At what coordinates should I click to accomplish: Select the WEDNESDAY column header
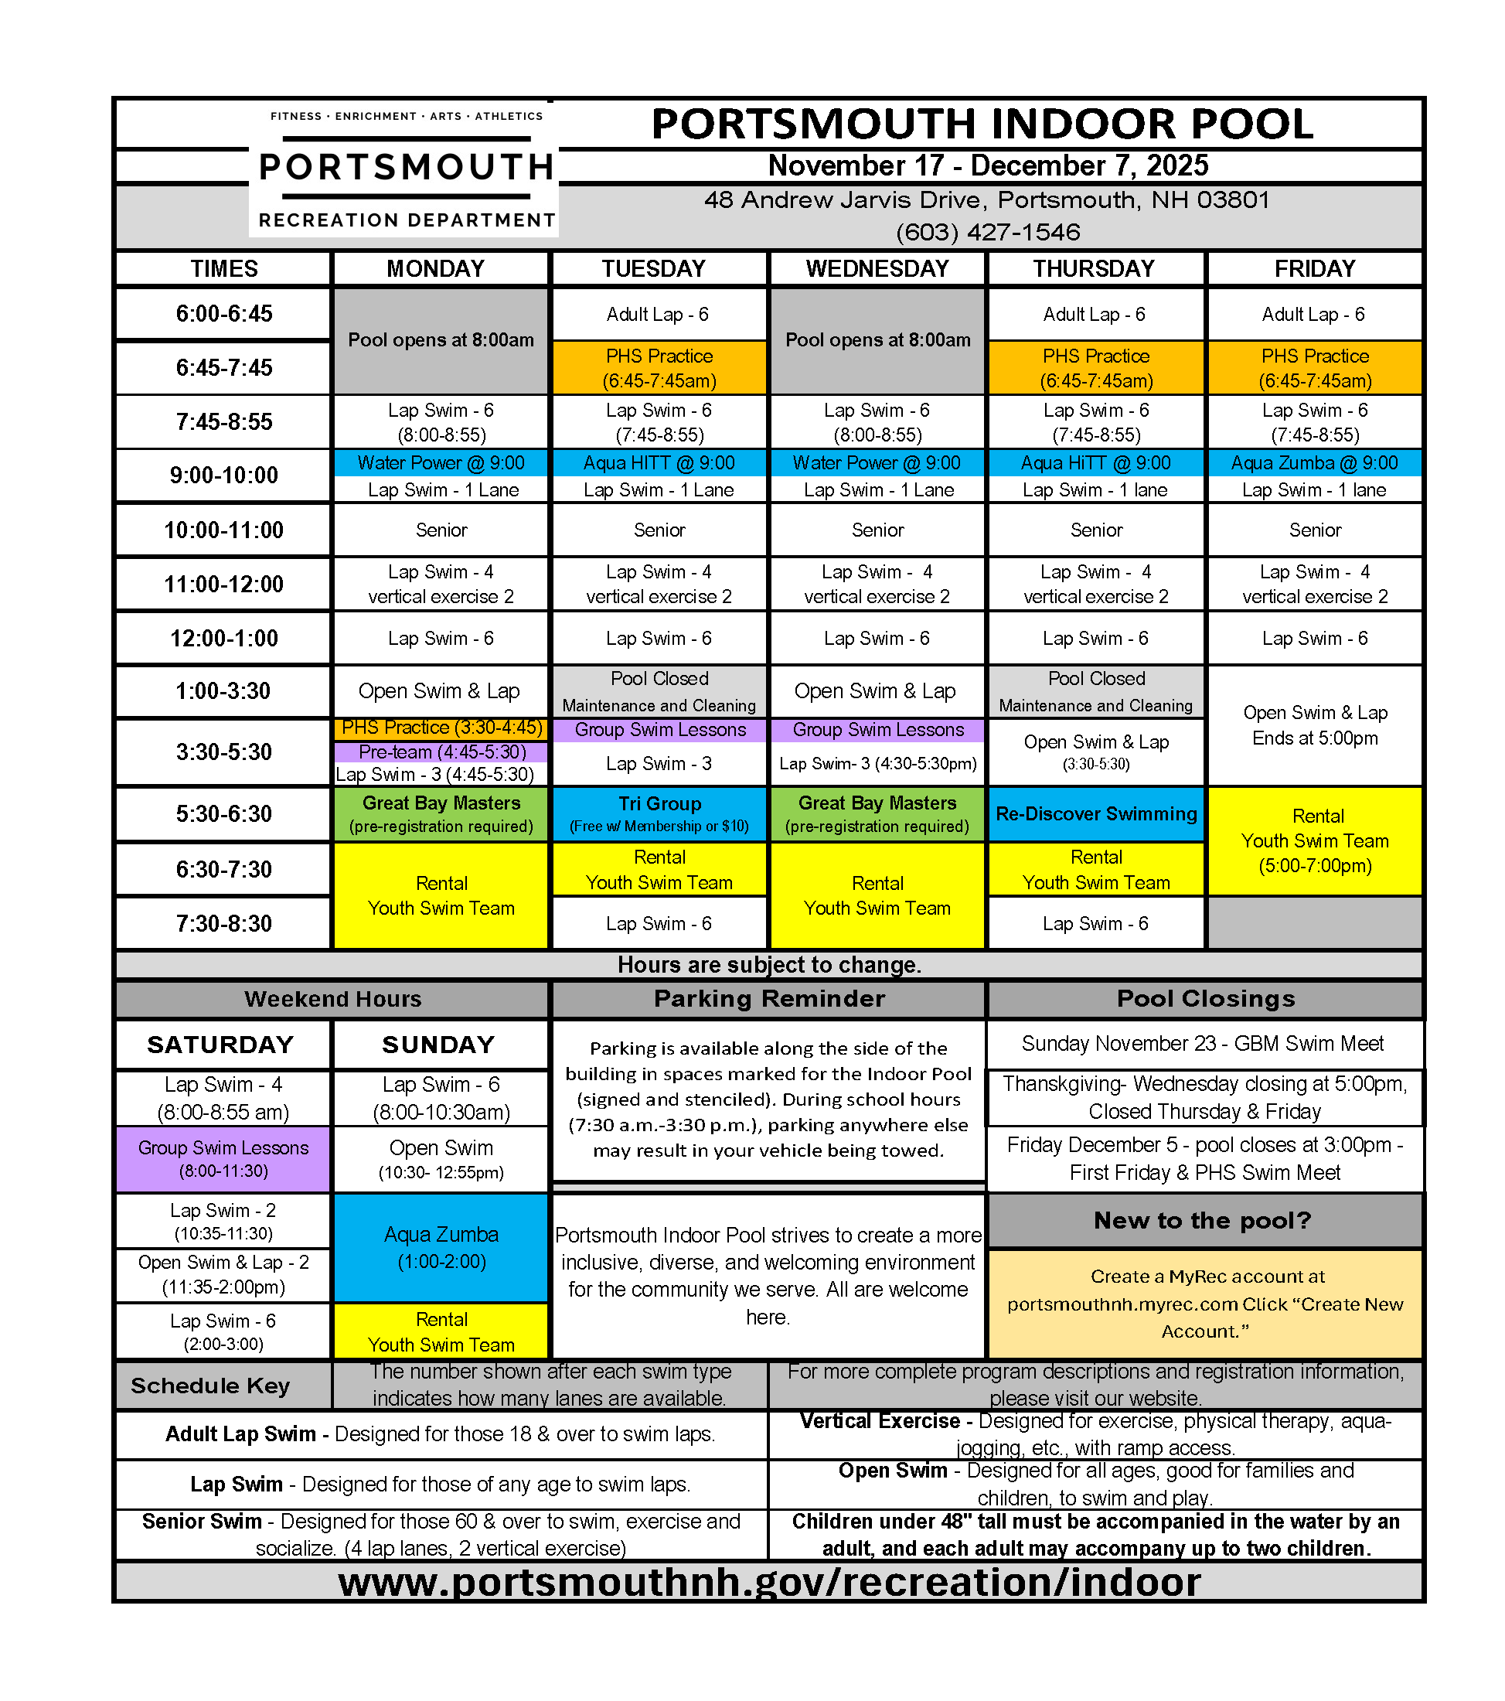coord(877,269)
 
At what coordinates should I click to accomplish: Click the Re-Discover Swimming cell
coord(1095,814)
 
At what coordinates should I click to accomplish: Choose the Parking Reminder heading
coord(768,999)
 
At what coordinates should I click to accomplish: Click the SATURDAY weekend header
coord(220,1045)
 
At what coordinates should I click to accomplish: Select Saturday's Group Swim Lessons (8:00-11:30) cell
coord(223,1158)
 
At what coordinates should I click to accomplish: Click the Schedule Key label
coord(210,1386)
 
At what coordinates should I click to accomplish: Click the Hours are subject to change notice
coord(768,964)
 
